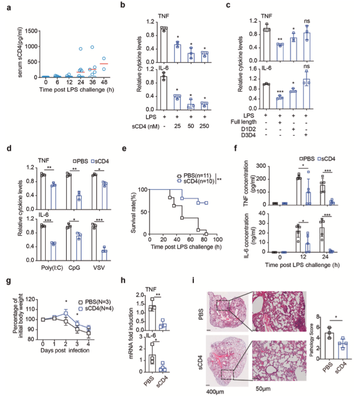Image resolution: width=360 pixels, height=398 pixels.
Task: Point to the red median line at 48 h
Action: point(104,64)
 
